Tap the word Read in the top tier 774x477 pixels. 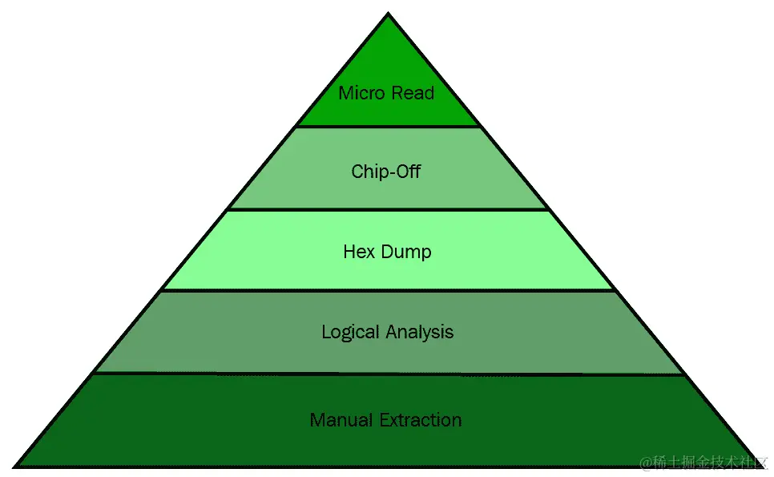click(413, 93)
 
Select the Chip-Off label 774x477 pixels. click(386, 172)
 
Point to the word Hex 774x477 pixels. click(358, 252)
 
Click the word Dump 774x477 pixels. click(405, 253)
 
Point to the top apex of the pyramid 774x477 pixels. click(388, 14)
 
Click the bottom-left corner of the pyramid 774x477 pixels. click(16, 465)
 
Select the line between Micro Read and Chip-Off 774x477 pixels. click(388, 127)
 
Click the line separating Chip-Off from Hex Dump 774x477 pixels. click(388, 210)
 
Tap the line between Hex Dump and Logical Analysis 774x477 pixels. click(388, 290)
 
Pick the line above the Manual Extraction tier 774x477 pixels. click(388, 374)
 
